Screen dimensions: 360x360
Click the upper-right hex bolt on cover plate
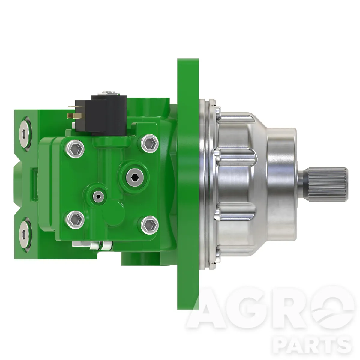point(150,143)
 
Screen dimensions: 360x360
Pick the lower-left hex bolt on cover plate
point(76,220)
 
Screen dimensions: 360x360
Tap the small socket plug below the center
point(98,196)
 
